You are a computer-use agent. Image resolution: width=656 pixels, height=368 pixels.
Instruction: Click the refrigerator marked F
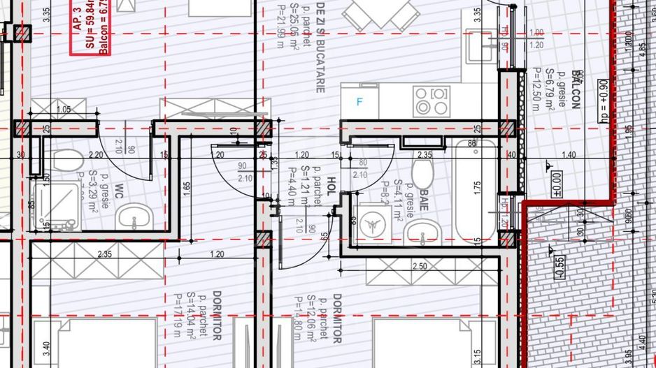point(360,102)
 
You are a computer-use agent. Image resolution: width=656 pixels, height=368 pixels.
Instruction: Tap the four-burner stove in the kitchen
point(431,101)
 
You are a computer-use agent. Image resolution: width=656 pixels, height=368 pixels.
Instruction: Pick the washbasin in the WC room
point(133,219)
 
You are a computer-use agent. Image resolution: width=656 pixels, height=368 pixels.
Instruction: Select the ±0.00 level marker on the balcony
point(557,184)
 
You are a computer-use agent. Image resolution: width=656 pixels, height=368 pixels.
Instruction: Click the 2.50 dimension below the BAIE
point(420,266)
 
